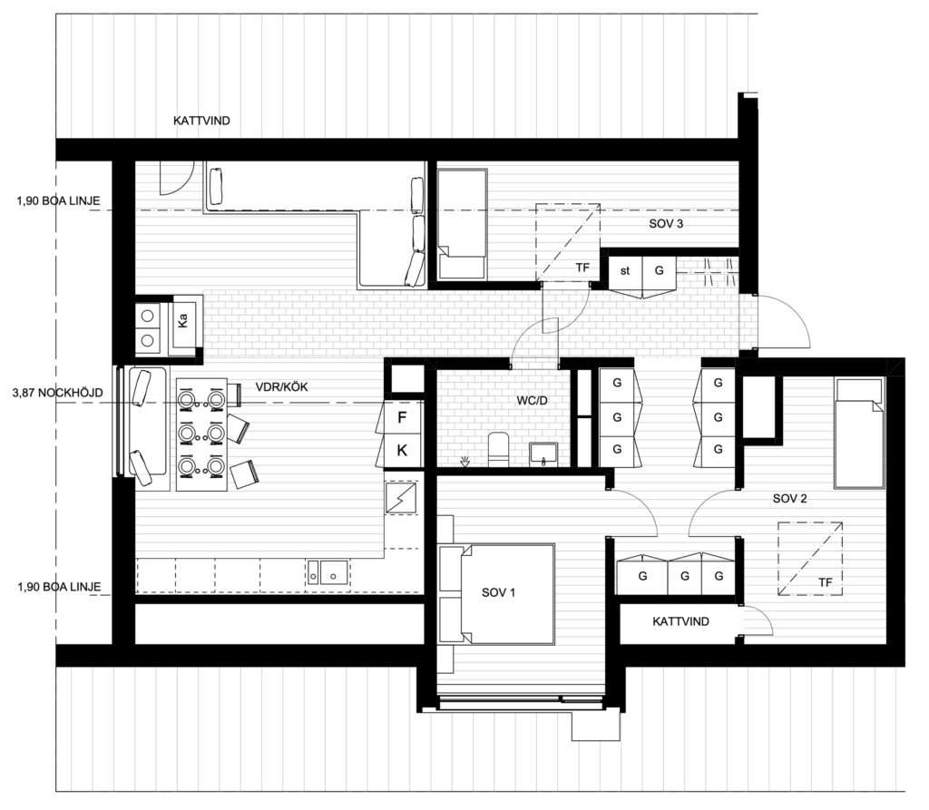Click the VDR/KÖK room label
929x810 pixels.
click(x=281, y=387)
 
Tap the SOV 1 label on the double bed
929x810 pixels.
click(x=498, y=592)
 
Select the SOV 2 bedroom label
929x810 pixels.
click(x=790, y=498)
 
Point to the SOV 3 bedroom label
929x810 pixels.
click(x=666, y=223)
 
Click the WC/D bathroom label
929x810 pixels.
click(x=532, y=401)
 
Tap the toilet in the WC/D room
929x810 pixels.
click(x=498, y=449)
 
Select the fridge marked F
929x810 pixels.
click(x=402, y=418)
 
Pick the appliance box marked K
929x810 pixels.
click(x=402, y=450)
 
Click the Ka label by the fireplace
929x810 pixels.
click(x=183, y=320)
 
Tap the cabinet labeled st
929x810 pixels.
click(x=625, y=271)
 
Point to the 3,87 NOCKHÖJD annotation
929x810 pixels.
click(x=57, y=392)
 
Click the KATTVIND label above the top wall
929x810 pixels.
click(x=201, y=121)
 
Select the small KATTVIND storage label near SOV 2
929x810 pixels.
click(x=680, y=621)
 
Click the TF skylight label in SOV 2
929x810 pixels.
click(x=826, y=582)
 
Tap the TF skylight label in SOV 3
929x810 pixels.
click(x=583, y=268)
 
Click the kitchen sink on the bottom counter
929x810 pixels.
click(x=328, y=572)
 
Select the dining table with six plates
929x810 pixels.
click(x=201, y=434)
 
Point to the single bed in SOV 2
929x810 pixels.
click(x=860, y=433)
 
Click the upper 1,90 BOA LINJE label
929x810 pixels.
click(x=59, y=200)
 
